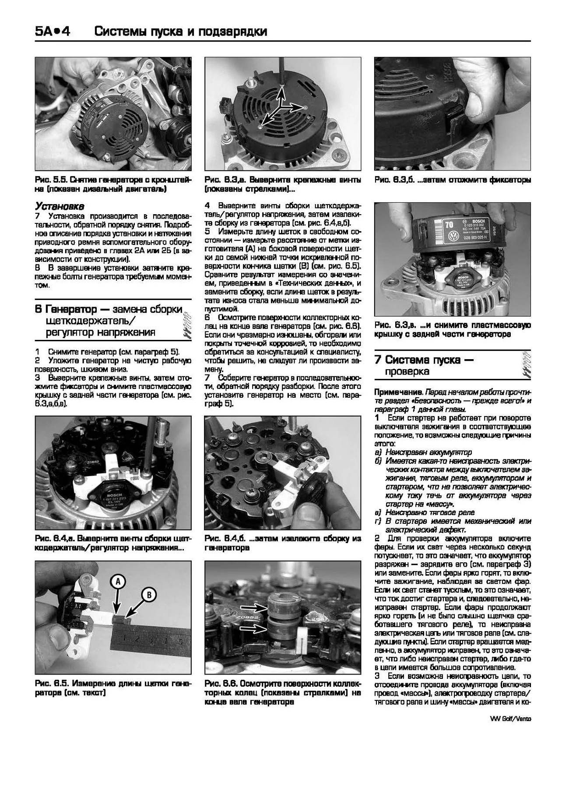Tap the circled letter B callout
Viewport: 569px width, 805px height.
[149, 594]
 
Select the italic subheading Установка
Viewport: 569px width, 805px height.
[60, 206]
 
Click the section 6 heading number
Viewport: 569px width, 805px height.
[38, 310]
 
